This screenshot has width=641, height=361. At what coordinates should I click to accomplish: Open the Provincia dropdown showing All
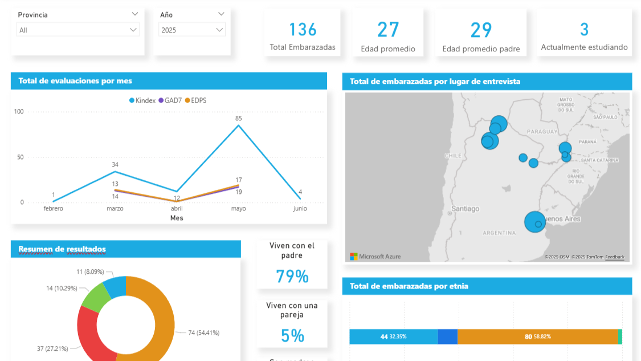(x=78, y=30)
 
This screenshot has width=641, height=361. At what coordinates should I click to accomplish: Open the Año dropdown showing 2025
(x=192, y=30)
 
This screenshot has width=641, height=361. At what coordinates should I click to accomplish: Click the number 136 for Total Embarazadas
(x=303, y=29)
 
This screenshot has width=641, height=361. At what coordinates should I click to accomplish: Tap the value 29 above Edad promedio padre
(x=481, y=30)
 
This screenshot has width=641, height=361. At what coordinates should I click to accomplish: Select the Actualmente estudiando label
(x=584, y=47)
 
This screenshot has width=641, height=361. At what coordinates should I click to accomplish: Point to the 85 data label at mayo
(x=238, y=119)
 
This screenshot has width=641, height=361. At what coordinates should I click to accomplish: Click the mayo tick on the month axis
(x=238, y=208)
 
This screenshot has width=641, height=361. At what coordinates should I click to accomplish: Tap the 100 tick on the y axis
(x=19, y=111)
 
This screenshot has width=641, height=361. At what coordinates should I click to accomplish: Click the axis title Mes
(x=177, y=218)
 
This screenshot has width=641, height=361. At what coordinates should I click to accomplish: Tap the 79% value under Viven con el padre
(x=292, y=276)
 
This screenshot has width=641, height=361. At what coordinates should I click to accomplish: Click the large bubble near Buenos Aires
(x=534, y=221)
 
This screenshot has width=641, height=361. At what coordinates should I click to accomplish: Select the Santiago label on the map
(x=466, y=209)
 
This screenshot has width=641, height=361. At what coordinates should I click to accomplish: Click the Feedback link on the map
(x=614, y=257)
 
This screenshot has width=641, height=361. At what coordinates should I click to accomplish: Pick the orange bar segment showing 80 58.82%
(x=537, y=336)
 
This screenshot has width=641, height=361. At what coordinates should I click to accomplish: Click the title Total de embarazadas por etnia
(x=409, y=286)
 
